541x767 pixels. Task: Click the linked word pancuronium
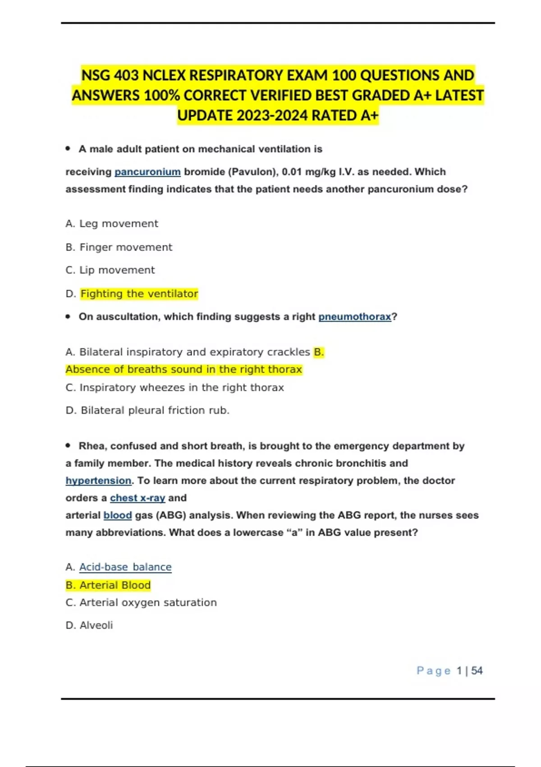pos(147,172)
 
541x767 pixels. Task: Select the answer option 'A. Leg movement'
pos(112,224)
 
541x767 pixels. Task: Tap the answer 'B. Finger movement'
pos(119,247)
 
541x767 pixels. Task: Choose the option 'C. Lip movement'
pos(110,270)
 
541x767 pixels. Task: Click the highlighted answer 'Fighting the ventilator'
pos(139,294)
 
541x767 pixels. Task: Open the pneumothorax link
pos(355,317)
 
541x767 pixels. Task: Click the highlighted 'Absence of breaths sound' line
pos(183,370)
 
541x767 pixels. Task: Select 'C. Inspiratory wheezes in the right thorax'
pos(174,388)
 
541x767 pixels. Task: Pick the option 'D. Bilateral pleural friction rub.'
pos(147,411)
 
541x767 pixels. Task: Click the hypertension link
pos(98,481)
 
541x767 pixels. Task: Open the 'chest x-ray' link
pos(138,498)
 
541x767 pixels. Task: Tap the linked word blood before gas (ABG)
pos(118,515)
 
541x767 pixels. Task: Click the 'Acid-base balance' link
pos(125,567)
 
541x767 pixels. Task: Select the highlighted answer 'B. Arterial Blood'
pos(108,585)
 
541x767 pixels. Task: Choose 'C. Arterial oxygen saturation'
pos(141,603)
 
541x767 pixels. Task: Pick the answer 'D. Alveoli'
pos(89,625)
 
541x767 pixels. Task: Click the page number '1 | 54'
pos(469,671)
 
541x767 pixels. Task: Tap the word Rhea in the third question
pos(92,446)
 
